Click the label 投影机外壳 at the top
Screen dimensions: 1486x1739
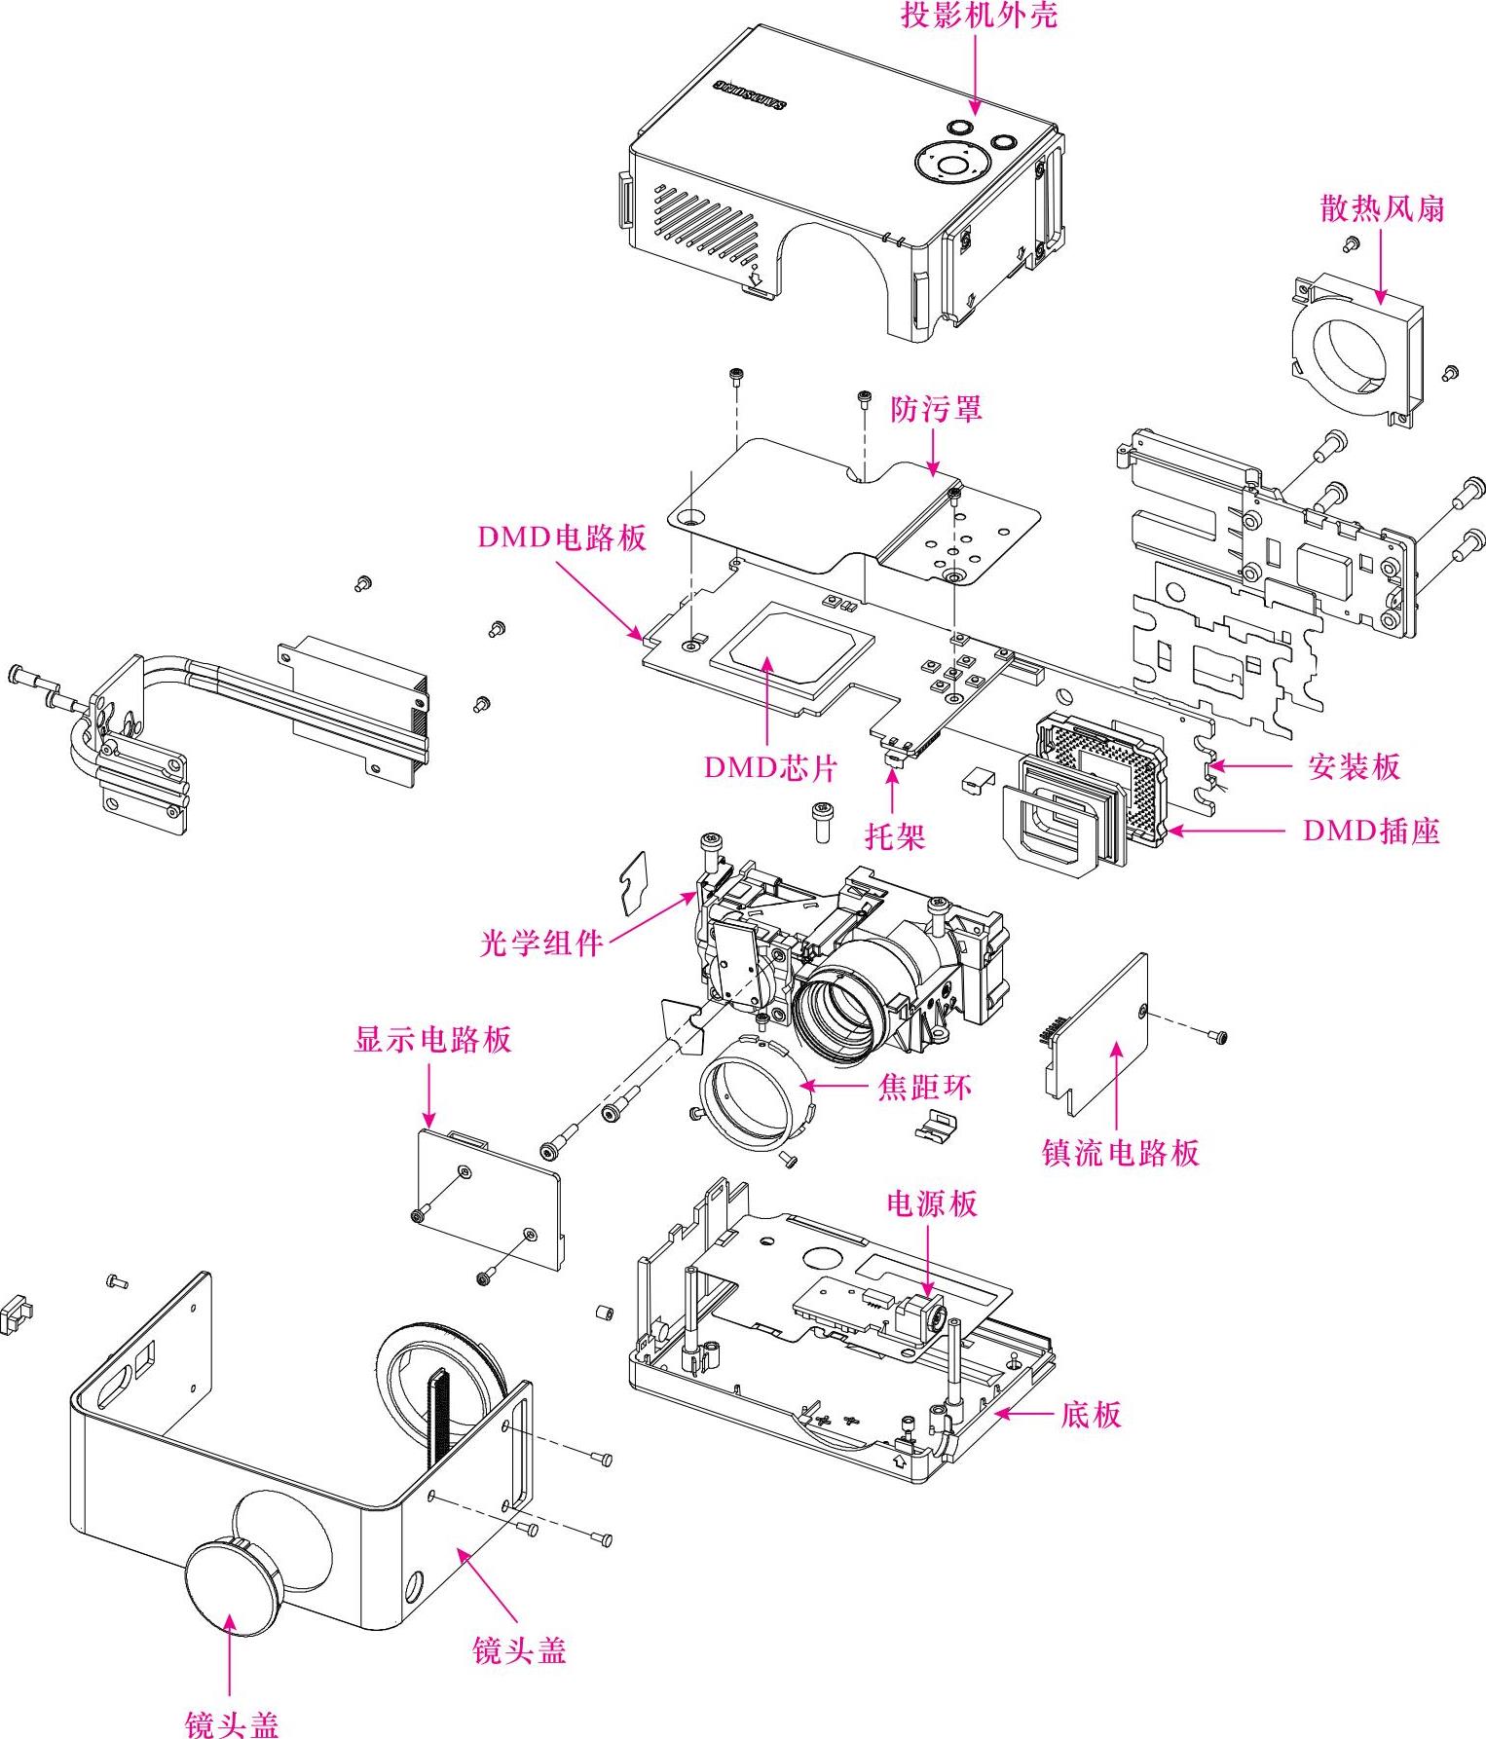click(x=980, y=16)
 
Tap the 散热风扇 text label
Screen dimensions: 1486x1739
click(x=1382, y=208)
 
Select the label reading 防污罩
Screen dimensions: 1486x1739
click(x=937, y=409)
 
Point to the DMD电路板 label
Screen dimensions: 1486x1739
click(x=562, y=536)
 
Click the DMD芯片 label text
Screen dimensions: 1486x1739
click(x=770, y=768)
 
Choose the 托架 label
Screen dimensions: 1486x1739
click(x=895, y=835)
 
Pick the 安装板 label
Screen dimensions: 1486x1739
click(x=1354, y=766)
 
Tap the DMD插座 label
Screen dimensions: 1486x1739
click(x=1371, y=831)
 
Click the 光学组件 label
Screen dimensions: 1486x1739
click(x=541, y=943)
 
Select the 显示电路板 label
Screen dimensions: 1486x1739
click(x=432, y=1039)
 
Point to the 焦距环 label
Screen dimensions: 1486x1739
click(x=924, y=1087)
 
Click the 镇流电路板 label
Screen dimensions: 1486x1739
click(x=1121, y=1153)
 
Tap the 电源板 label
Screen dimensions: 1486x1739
click(x=931, y=1203)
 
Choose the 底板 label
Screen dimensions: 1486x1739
click(x=1091, y=1414)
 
